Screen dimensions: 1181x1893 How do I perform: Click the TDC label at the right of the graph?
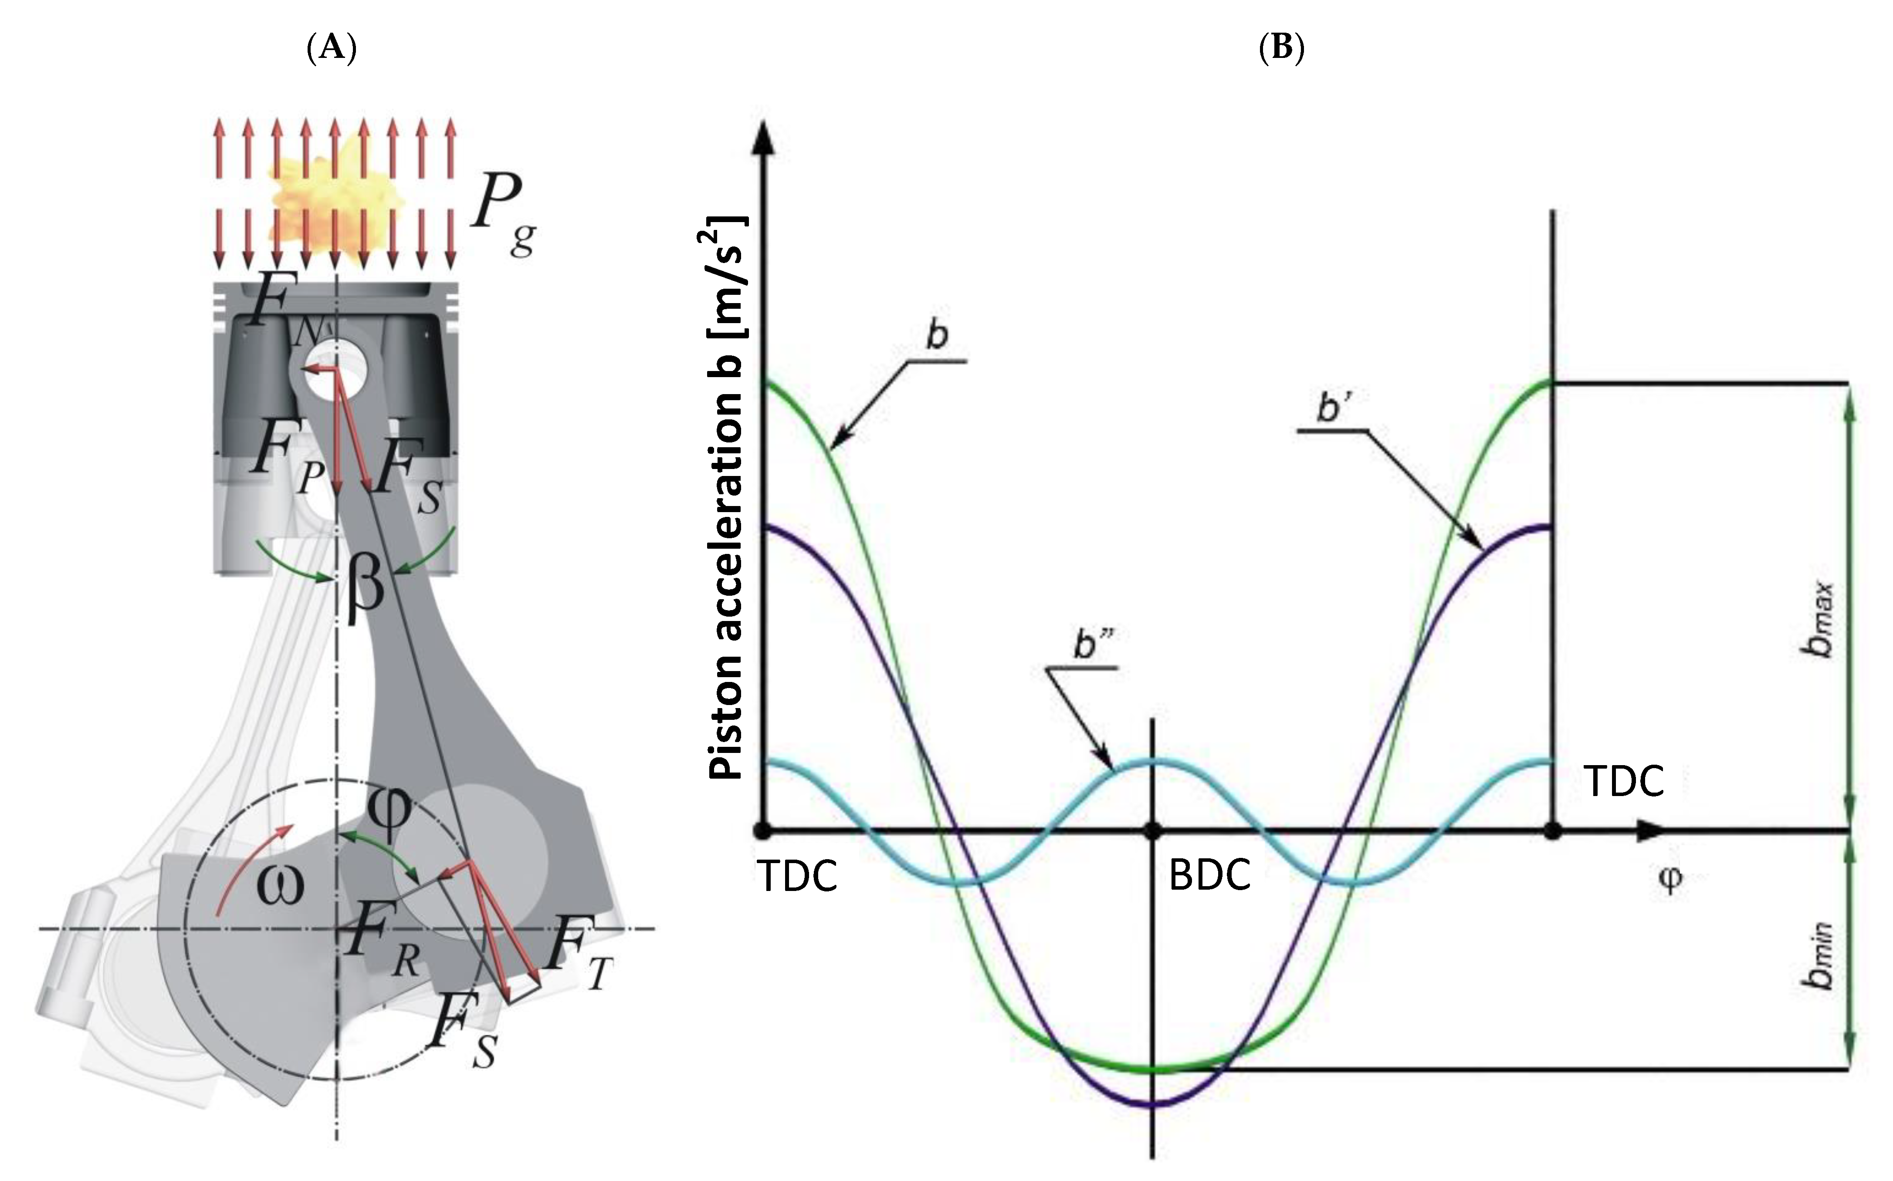[x=1623, y=781]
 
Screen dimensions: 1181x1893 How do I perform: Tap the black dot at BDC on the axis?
[x=1151, y=831]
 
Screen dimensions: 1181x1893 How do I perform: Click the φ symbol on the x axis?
[x=1669, y=880]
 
